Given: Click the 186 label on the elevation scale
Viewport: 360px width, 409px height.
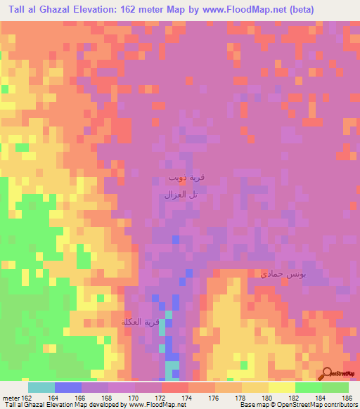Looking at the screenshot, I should pos(348,398).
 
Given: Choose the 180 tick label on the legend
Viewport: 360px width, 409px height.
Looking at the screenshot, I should pos(268,398).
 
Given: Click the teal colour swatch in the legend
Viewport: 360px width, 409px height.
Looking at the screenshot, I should pos(41,387).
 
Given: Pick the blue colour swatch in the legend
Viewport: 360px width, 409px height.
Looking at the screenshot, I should pos(68,387).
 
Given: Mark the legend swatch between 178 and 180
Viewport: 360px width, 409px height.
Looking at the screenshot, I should pos(255,387).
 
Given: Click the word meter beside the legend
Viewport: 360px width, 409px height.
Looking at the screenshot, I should pos(11,398).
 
